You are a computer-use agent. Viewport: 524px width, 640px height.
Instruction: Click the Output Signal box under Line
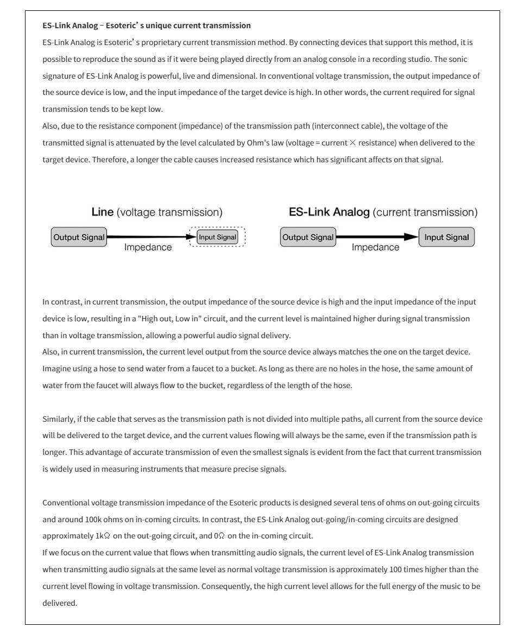[x=79, y=237]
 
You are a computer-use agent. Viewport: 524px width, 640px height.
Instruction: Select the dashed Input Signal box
[x=217, y=237]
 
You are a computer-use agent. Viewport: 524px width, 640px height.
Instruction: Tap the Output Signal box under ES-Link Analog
[x=308, y=237]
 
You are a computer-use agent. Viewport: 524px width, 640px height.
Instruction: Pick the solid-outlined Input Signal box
[x=446, y=237]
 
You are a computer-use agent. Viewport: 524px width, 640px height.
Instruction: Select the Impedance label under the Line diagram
[x=148, y=248]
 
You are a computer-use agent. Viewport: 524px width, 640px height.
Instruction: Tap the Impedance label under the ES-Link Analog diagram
[x=375, y=248]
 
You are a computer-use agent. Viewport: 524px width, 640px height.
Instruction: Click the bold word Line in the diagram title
[x=103, y=212]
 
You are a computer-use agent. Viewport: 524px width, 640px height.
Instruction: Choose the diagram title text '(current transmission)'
[x=425, y=212]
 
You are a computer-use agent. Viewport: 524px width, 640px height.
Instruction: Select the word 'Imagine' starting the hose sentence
[x=56, y=369]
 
